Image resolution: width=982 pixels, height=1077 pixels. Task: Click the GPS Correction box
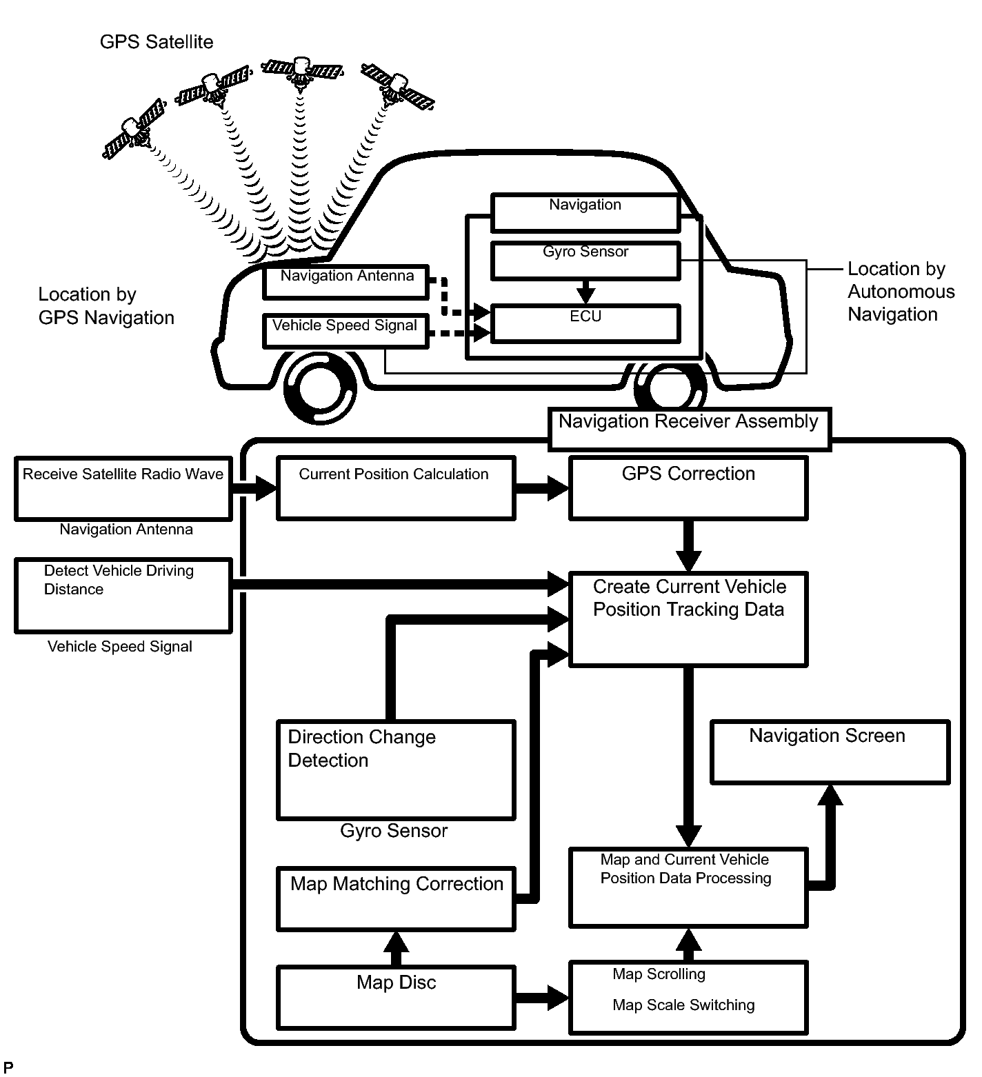click(x=688, y=488)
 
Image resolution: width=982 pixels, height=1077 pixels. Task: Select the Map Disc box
click(x=396, y=996)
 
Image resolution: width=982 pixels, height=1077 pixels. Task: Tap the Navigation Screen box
click(x=830, y=752)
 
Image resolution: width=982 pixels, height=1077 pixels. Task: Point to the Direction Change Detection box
click(x=396, y=769)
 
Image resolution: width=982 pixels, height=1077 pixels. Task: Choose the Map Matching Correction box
click(x=396, y=898)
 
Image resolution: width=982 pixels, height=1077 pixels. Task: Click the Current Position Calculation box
click(x=395, y=487)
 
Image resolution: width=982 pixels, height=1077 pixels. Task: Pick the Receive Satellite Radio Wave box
click(x=123, y=488)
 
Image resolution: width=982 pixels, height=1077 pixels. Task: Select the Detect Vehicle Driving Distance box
click(x=123, y=595)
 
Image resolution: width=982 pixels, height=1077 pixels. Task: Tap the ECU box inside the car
click(x=585, y=323)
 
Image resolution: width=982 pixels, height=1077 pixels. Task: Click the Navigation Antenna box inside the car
click(x=346, y=282)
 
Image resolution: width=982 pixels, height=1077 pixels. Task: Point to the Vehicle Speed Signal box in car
click(x=345, y=331)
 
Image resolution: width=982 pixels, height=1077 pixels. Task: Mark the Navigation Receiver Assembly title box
click(x=689, y=428)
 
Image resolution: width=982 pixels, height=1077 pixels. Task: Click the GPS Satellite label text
click(x=157, y=42)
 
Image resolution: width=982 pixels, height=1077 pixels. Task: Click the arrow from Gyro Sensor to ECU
click(x=585, y=290)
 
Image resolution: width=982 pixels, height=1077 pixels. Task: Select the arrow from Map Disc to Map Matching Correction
click(x=396, y=948)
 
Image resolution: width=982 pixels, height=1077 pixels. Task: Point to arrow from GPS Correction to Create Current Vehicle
click(x=688, y=545)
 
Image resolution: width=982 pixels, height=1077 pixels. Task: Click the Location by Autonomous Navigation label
click(x=900, y=292)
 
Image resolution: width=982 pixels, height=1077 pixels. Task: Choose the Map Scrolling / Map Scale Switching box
click(x=688, y=996)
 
